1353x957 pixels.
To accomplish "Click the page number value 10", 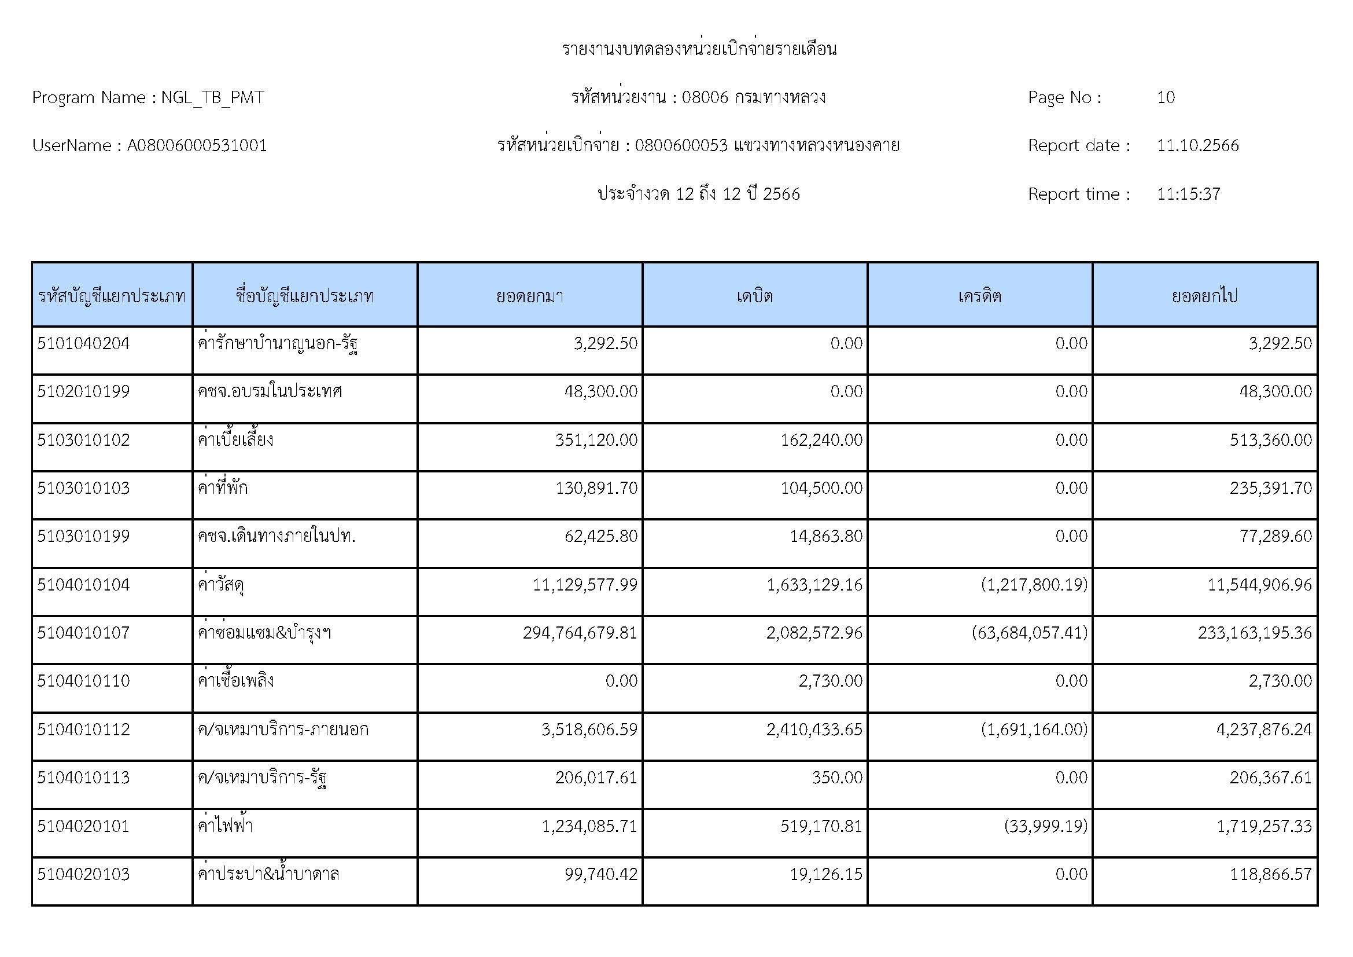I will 1166,97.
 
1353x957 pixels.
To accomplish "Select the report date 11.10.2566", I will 1197,146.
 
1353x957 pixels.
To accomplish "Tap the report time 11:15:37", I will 1188,194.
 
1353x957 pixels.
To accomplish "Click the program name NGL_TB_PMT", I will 212,97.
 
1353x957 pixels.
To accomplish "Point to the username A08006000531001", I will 197,146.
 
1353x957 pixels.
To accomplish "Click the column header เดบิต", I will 754,295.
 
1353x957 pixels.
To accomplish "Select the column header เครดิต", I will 979,295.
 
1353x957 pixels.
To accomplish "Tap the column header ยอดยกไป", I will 1204,295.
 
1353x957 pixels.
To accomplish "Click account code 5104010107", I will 83,633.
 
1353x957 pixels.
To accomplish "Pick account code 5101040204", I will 83,343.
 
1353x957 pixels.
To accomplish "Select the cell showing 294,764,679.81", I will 580,633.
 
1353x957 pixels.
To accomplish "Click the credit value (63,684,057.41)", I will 1029,633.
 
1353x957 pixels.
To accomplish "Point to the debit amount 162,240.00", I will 821,440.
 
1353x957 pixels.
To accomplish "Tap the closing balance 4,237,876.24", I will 1264,729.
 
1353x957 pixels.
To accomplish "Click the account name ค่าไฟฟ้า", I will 225,826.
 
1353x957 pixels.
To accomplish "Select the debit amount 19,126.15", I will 825,874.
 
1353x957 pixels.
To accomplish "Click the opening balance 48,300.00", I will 600,391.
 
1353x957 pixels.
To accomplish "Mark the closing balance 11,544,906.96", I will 1259,584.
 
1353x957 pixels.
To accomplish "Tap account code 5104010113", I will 83,778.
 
